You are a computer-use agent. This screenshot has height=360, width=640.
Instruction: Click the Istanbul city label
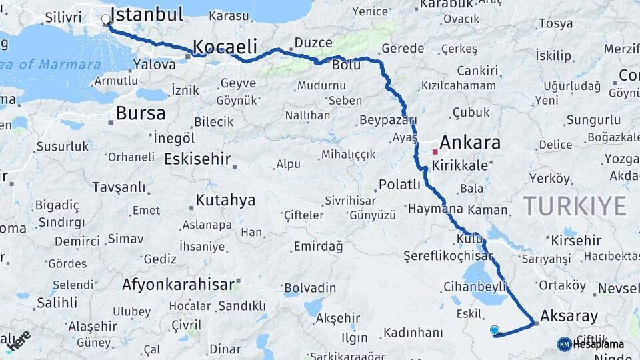click(x=147, y=15)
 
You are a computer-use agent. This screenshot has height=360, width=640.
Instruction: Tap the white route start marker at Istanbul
click(x=106, y=20)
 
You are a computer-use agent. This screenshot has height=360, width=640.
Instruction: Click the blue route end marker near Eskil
click(x=494, y=330)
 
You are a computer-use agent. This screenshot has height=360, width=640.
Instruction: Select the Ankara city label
click(x=470, y=142)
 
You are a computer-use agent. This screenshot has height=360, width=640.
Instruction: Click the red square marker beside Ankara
click(x=435, y=152)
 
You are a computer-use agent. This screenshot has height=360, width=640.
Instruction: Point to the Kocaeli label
click(x=225, y=46)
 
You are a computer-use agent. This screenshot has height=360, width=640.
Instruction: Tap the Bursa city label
click(x=140, y=113)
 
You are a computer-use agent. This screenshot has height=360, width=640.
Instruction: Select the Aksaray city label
click(x=569, y=316)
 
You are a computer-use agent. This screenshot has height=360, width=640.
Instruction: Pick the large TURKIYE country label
click(x=575, y=206)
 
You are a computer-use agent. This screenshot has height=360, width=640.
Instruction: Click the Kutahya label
click(x=225, y=200)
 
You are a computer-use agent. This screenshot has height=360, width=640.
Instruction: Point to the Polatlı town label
click(x=399, y=185)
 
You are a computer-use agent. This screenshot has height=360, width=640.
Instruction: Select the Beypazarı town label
click(x=387, y=120)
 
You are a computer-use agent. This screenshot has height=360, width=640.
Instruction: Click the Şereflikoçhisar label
click(x=447, y=255)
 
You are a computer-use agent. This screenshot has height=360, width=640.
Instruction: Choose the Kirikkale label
click(x=460, y=165)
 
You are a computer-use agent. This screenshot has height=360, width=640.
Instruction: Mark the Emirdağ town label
click(x=318, y=247)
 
